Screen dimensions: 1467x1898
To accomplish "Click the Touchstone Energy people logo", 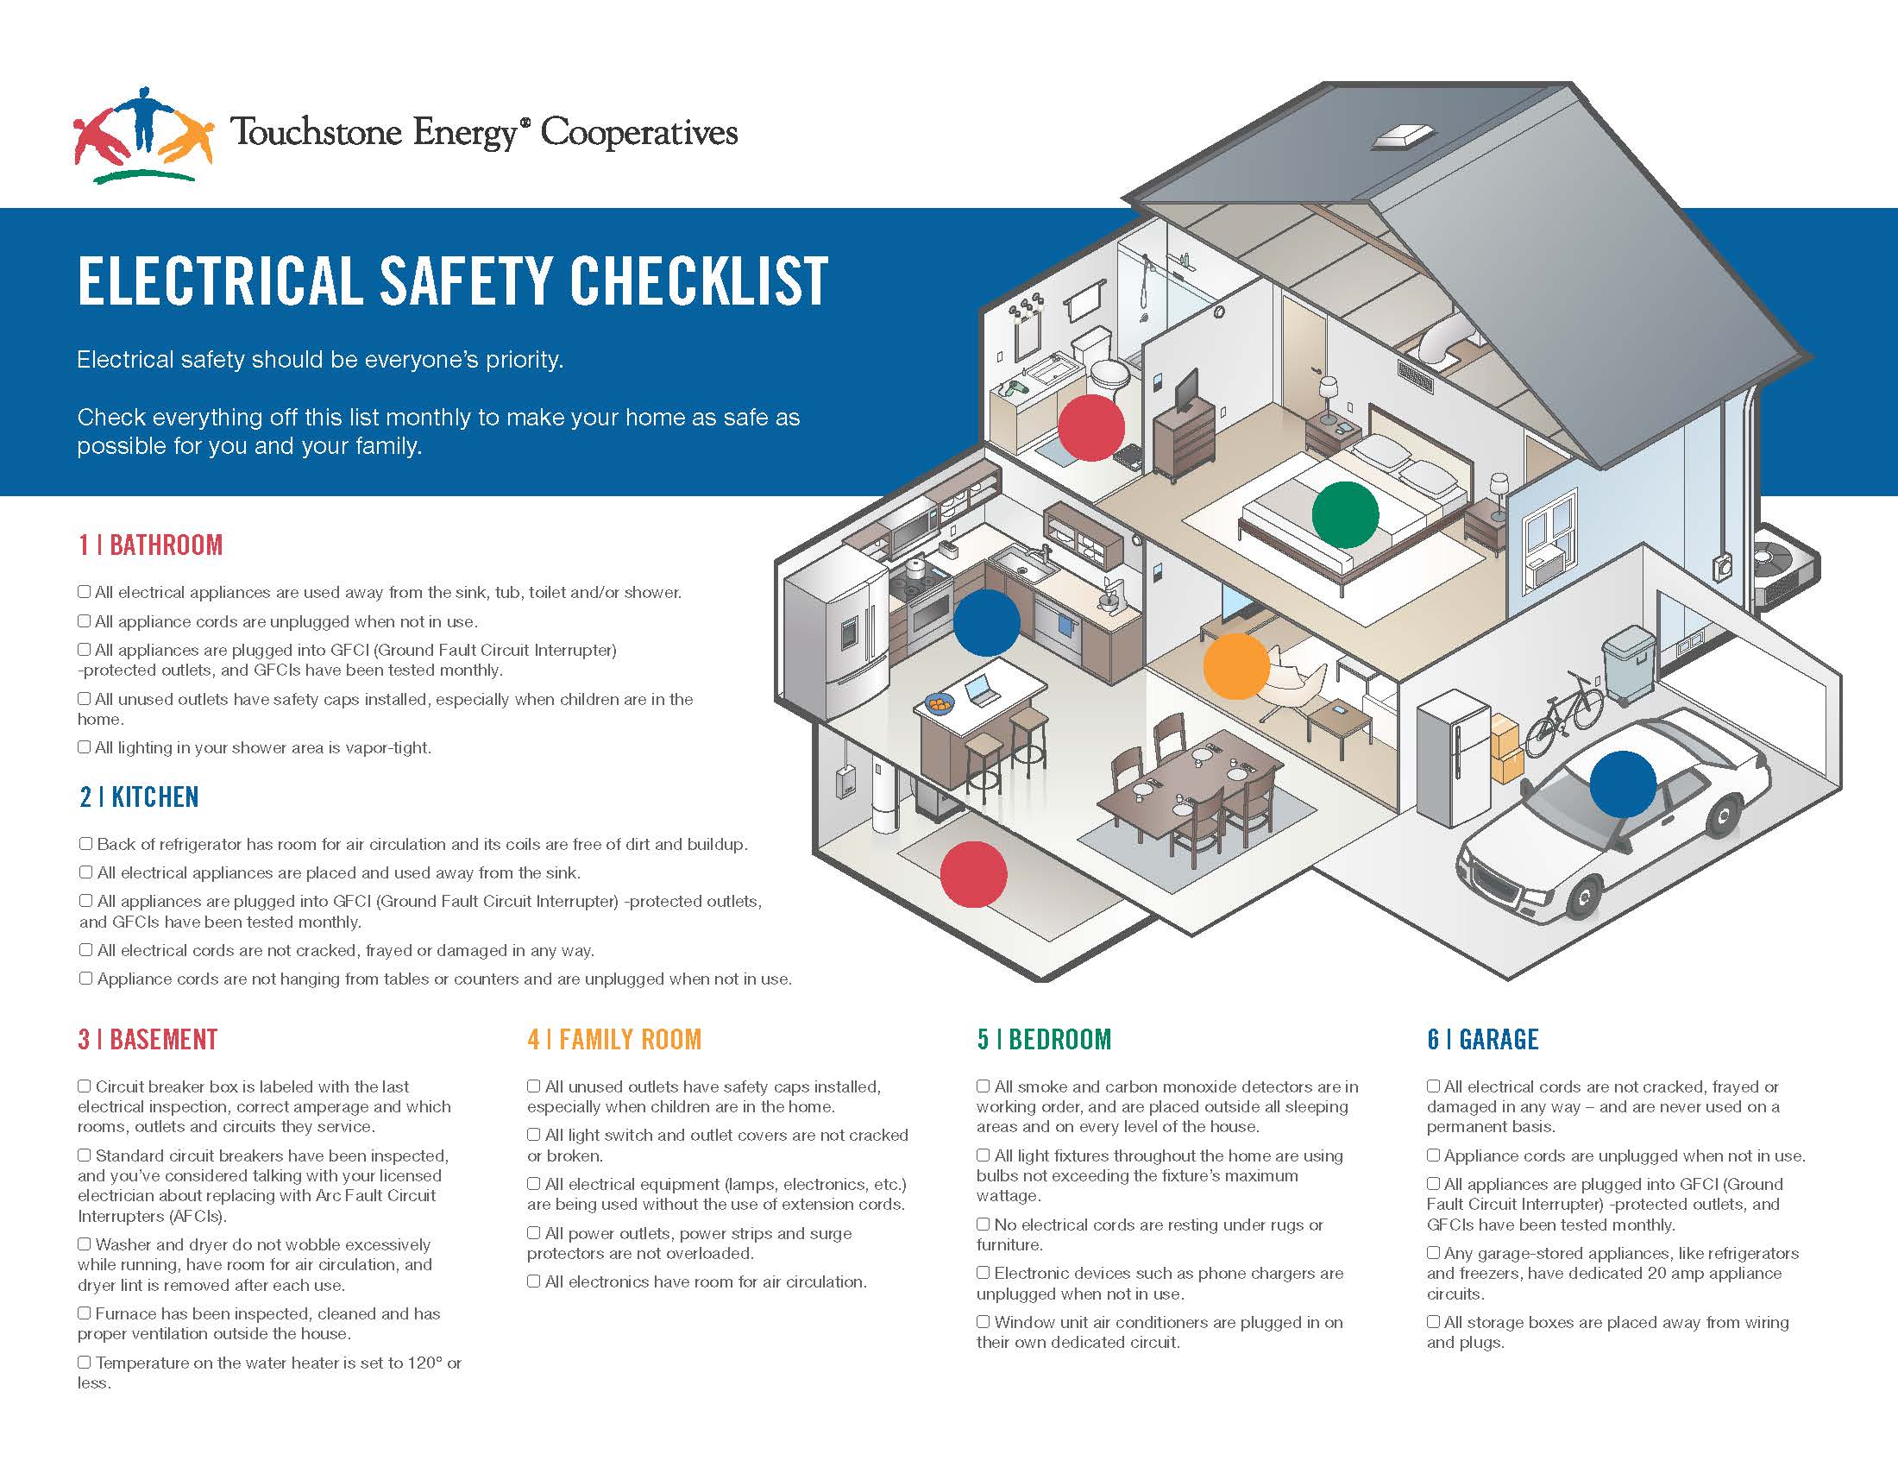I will (x=143, y=133).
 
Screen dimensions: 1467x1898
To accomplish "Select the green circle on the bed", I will (x=1344, y=514).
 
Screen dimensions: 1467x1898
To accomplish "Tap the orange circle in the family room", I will (x=1235, y=665).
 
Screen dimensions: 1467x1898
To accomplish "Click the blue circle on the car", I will (x=1623, y=784).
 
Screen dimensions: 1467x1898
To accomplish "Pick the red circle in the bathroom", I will (x=1090, y=427).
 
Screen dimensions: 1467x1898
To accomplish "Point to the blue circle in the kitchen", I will (x=986, y=622).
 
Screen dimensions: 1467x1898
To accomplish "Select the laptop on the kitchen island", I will (x=982, y=690).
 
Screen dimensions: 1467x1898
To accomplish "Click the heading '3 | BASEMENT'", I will (x=148, y=1040).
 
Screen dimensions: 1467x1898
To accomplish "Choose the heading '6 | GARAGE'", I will (x=1482, y=1040).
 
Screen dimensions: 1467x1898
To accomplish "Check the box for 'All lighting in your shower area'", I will (x=85, y=746).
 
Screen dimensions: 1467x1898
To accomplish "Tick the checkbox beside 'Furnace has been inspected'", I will (x=85, y=1313).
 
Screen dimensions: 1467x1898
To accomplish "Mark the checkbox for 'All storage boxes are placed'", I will (x=1433, y=1322).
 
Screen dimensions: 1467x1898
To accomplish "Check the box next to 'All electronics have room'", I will (x=533, y=1281).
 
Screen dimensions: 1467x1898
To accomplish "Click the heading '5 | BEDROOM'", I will (x=1044, y=1040).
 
